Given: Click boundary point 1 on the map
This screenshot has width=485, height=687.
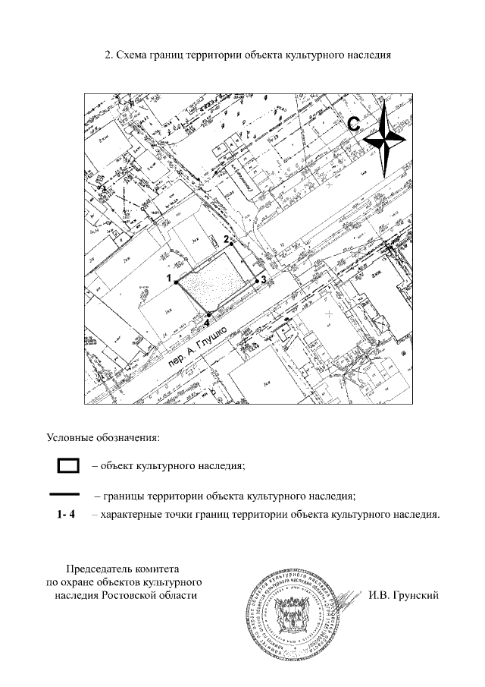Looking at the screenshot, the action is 177,282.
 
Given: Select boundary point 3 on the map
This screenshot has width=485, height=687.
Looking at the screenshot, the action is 257,280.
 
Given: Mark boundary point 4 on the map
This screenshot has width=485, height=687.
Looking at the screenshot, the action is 209,314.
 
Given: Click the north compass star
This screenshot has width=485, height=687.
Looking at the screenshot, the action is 386,139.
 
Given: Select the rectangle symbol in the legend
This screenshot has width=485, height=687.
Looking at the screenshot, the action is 69,465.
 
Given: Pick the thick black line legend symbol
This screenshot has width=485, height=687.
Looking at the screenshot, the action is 69,495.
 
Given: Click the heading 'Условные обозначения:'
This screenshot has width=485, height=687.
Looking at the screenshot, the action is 103,438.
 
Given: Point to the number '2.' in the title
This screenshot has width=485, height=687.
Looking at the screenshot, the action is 110,55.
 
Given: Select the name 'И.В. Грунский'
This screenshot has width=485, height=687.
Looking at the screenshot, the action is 404,594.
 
